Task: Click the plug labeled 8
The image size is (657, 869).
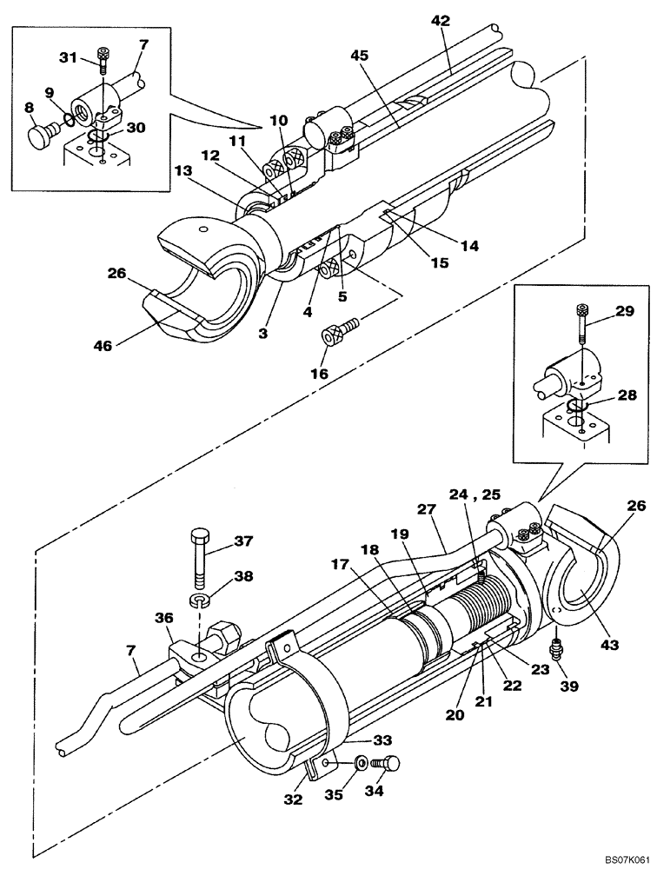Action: [x=36, y=137]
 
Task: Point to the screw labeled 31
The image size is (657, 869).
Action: [x=103, y=58]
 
